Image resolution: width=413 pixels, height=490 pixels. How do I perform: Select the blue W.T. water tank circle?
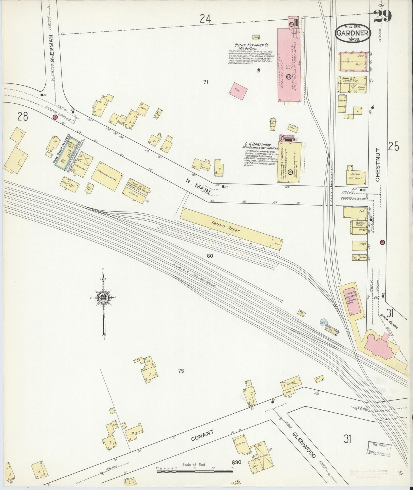click(324, 322)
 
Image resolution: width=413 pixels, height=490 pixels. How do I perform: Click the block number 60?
click(210, 256)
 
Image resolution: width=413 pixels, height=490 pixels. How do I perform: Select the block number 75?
click(181, 371)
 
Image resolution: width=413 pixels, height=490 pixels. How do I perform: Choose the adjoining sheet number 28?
click(23, 116)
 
